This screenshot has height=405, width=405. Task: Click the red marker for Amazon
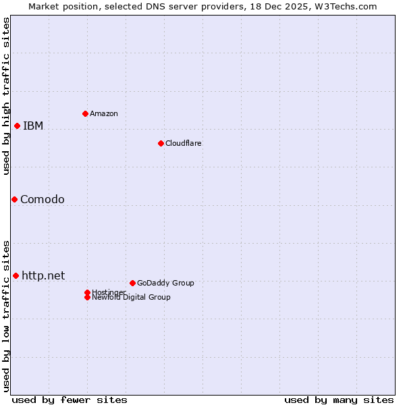(85, 113)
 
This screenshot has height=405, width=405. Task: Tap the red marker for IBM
(17, 126)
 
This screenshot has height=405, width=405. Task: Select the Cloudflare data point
(161, 143)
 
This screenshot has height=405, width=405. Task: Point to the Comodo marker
(14, 199)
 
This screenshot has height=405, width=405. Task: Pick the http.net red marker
(16, 275)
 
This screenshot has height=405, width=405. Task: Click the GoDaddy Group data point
(132, 283)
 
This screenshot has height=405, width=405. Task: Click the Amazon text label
(104, 113)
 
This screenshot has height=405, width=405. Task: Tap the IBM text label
(33, 126)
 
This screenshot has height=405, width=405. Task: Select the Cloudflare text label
(184, 143)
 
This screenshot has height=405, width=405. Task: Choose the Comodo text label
(43, 199)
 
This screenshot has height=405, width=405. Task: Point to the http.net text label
(43, 275)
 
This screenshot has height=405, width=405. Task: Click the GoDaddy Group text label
(165, 283)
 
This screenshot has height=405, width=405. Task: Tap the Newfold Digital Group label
(131, 297)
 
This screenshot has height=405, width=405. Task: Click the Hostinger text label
(108, 292)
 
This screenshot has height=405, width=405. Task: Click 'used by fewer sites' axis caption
(70, 400)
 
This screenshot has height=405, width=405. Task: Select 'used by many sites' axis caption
(339, 400)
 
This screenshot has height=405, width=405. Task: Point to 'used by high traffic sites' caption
(6, 96)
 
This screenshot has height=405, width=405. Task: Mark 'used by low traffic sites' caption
(6, 315)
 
